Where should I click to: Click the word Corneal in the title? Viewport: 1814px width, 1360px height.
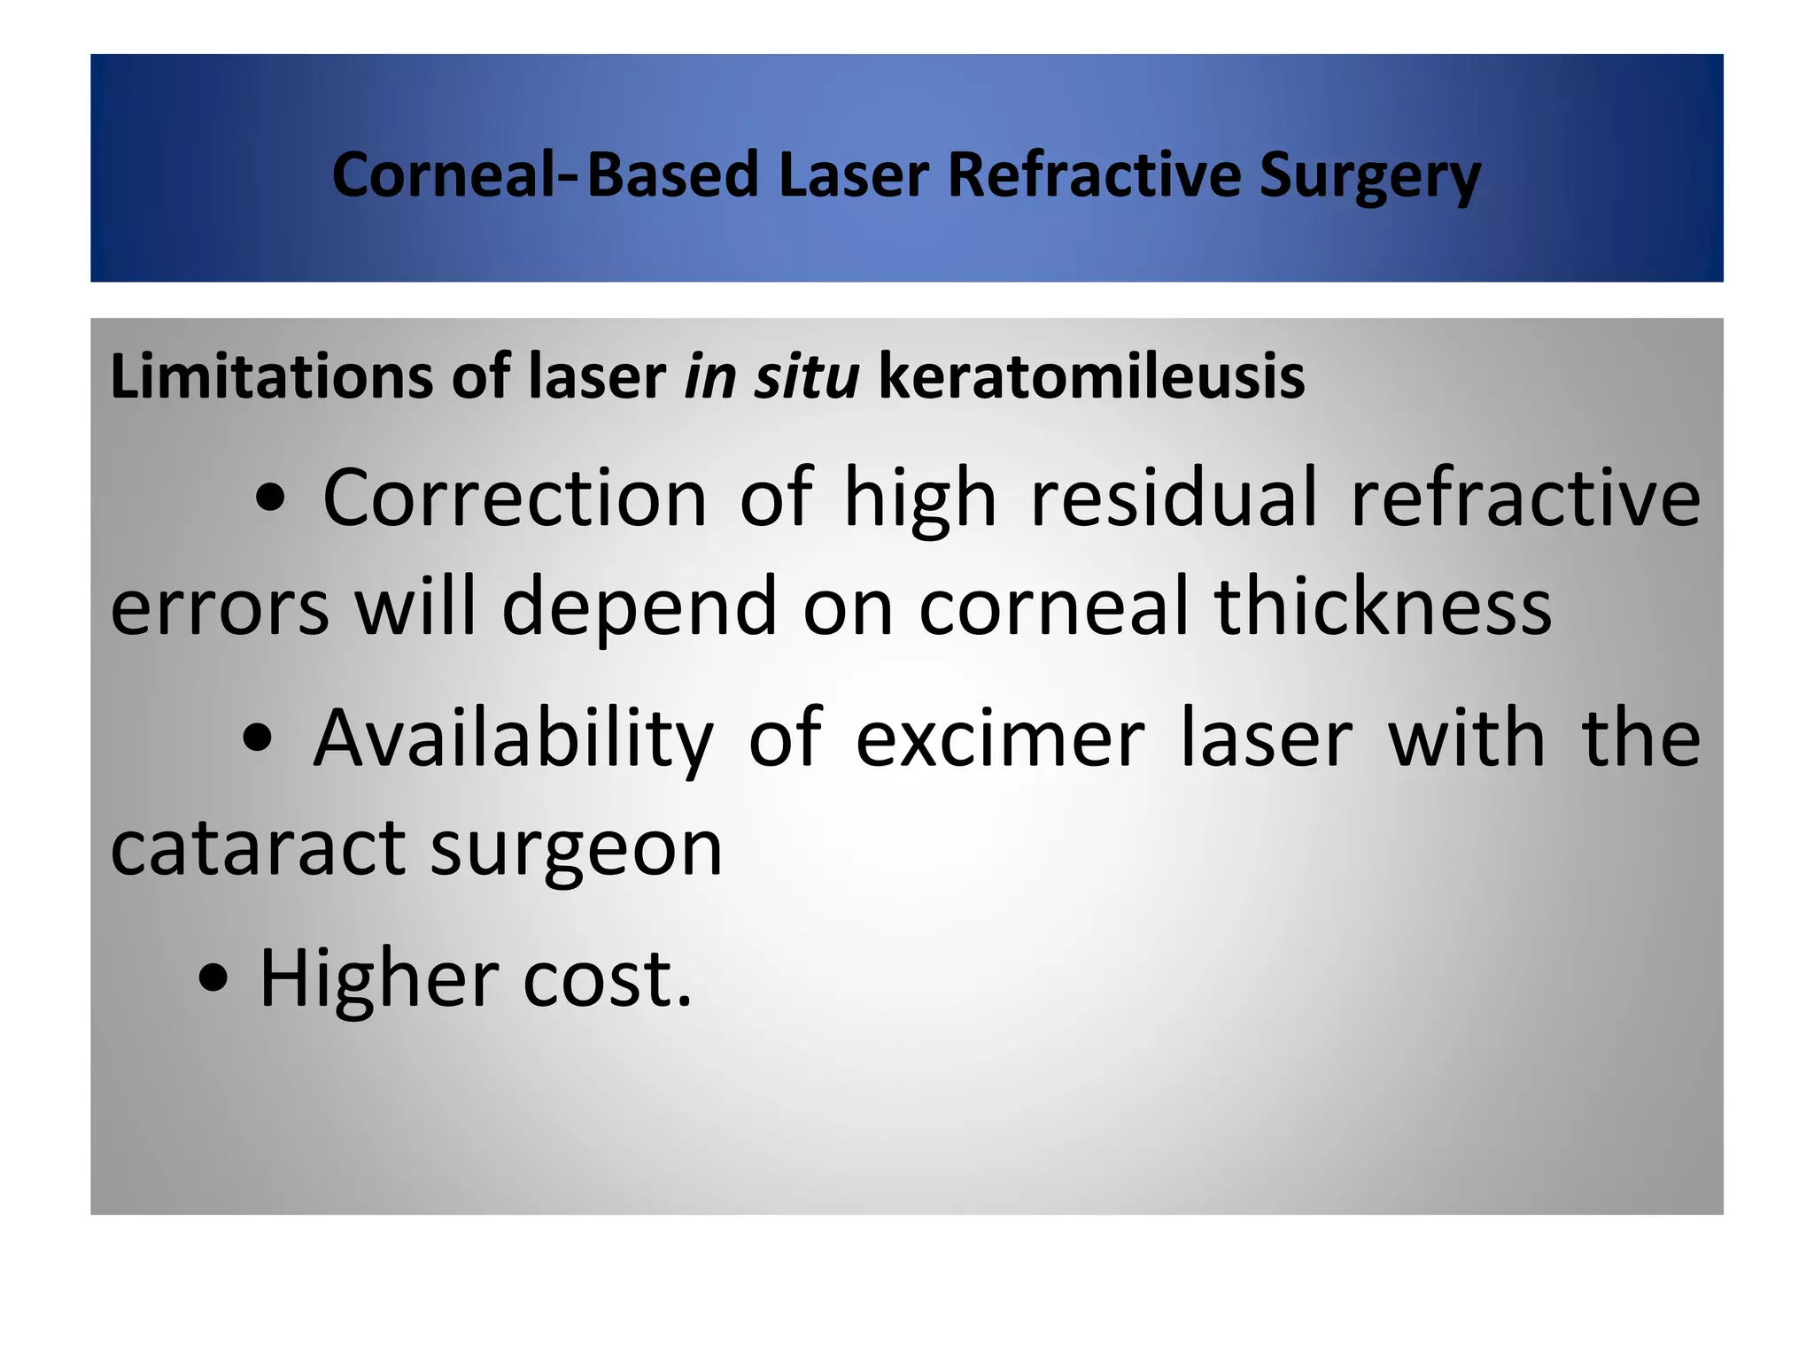pyautogui.click(x=443, y=174)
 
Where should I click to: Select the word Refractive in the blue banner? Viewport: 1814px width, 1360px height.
pyautogui.click(x=1094, y=174)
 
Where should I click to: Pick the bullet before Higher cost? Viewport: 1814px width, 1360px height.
pyautogui.click(x=214, y=980)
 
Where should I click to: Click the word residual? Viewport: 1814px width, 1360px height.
pyautogui.click(x=1174, y=498)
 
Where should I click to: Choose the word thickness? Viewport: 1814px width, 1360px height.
pyautogui.click(x=1383, y=607)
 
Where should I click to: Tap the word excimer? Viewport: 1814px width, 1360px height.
pyautogui.click(x=1000, y=739)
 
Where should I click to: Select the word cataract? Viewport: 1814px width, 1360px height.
pyautogui.click(x=258, y=848)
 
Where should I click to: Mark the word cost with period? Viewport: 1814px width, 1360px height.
pyautogui.click(x=607, y=980)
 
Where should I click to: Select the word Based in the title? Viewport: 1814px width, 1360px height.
pyautogui.click(x=673, y=174)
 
